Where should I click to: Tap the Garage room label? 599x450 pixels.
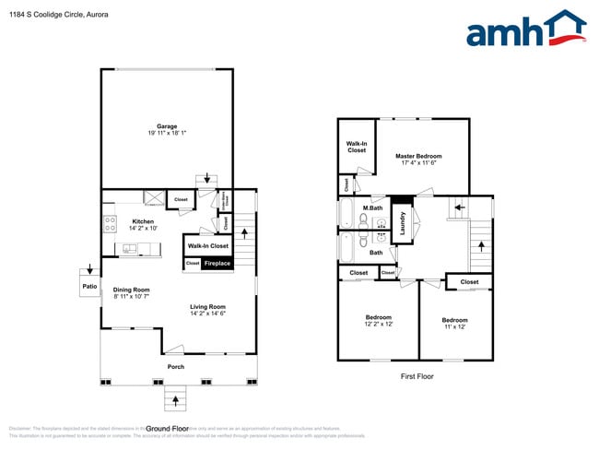(166, 126)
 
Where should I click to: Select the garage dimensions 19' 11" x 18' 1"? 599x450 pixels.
(166, 135)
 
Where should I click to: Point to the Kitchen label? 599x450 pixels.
(143, 221)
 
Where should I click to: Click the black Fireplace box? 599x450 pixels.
(217, 264)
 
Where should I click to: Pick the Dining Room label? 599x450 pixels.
(132, 290)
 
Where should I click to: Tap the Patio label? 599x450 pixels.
(89, 287)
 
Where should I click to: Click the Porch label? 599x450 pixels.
(175, 367)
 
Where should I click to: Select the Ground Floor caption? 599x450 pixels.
(168, 428)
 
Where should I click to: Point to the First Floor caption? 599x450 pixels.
(416, 376)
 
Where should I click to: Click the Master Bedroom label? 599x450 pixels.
(419, 156)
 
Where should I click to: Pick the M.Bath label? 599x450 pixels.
(372, 207)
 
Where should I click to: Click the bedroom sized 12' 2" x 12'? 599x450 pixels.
(378, 321)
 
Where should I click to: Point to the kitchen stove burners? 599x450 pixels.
(111, 221)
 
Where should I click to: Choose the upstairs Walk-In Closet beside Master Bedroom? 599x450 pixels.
(357, 147)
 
